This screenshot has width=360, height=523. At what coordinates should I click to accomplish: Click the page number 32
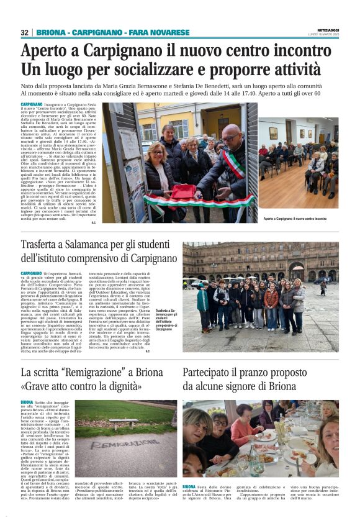(24, 32)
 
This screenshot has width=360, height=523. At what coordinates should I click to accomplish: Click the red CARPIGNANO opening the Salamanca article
(31, 273)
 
